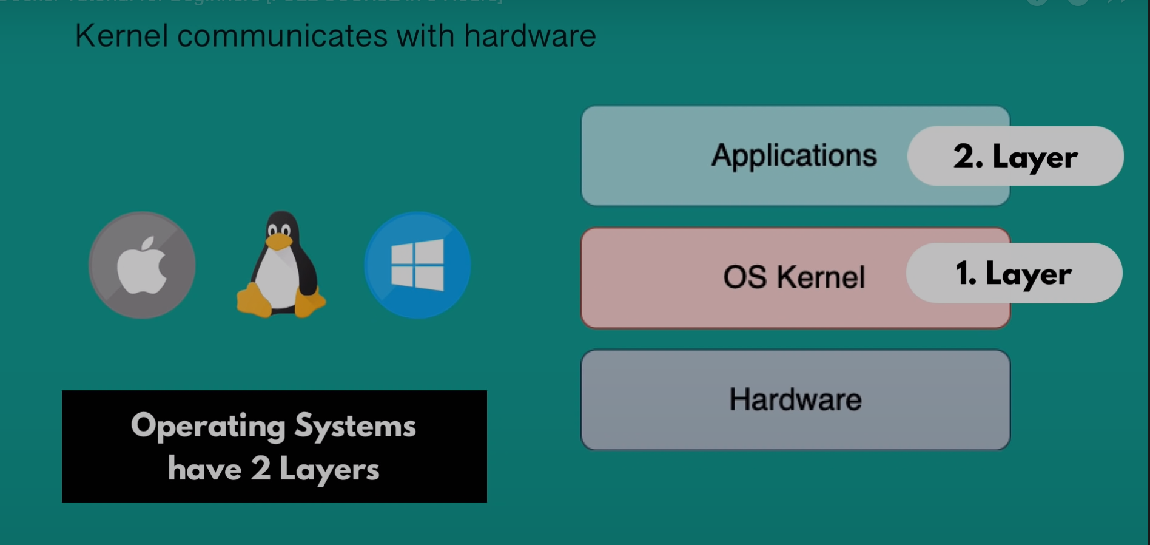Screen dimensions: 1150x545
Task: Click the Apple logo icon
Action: coord(142,265)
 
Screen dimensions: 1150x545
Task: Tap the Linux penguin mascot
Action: coord(280,267)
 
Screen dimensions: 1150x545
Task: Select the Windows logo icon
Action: coord(417,265)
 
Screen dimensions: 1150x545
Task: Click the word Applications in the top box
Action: coord(794,155)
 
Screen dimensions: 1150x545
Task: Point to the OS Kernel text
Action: coord(794,277)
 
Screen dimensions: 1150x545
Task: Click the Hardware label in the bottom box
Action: coord(795,399)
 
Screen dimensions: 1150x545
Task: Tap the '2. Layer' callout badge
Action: coord(1015,156)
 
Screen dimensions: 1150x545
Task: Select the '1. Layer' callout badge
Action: coord(1014,273)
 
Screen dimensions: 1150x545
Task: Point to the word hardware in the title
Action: coord(530,36)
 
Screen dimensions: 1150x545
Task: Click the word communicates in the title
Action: coord(282,36)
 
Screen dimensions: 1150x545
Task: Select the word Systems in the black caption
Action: coord(355,426)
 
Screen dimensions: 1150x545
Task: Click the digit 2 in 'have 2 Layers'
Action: coord(261,469)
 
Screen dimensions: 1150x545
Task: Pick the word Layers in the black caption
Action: coord(329,470)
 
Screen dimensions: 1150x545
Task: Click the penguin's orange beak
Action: coord(278,242)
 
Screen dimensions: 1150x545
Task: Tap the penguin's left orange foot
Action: coord(254,300)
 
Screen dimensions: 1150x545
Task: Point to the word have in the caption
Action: coord(204,469)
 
